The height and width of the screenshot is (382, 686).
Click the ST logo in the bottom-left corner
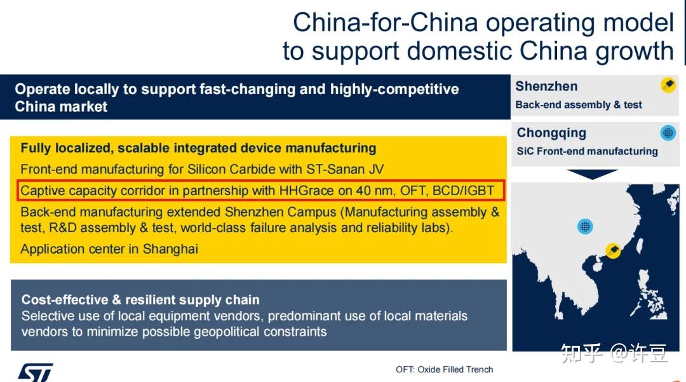(x=35, y=372)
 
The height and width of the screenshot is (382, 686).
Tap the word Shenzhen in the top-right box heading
(x=546, y=86)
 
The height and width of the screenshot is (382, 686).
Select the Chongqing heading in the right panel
(x=551, y=133)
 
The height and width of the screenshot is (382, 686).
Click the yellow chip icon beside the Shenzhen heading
(x=668, y=85)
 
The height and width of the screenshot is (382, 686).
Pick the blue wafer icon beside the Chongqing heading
(x=668, y=133)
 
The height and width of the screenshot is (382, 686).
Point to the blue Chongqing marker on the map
(x=585, y=226)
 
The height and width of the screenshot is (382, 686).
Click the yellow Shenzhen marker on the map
(x=613, y=250)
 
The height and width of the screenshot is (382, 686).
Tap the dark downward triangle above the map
(x=592, y=174)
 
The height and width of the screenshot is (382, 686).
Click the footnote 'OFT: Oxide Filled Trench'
(x=444, y=369)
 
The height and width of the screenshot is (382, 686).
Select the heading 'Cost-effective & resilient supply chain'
(x=140, y=300)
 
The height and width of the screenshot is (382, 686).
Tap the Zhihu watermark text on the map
(x=614, y=353)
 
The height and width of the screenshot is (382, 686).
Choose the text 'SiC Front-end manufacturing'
(x=587, y=151)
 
